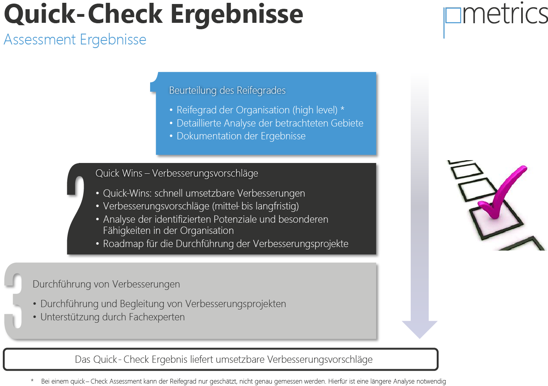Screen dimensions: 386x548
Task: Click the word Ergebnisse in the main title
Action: pyautogui.click(x=237, y=14)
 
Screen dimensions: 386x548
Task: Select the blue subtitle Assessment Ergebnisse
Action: pyautogui.click(x=75, y=40)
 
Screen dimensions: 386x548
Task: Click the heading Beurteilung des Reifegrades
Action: pyautogui.click(x=227, y=90)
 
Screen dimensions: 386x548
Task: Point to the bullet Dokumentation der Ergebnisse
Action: pyautogui.click(x=241, y=136)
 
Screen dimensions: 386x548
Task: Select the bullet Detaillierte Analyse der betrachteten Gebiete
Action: pyautogui.click(x=270, y=123)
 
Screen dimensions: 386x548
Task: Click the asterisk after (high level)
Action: pyautogui.click(x=342, y=109)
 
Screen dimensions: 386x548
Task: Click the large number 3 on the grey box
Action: pyautogui.click(x=14, y=300)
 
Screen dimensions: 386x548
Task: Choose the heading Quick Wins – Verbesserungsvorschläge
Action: pyautogui.click(x=177, y=173)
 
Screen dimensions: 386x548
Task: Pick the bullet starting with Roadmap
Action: pyautogui.click(x=225, y=244)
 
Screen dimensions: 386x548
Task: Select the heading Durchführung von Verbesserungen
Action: pyautogui.click(x=106, y=284)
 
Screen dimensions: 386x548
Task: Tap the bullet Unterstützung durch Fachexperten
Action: pyautogui.click(x=112, y=317)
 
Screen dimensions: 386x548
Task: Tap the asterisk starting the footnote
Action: pyautogui.click(x=32, y=381)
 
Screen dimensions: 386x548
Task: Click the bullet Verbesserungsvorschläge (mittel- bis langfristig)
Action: pyautogui.click(x=201, y=206)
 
